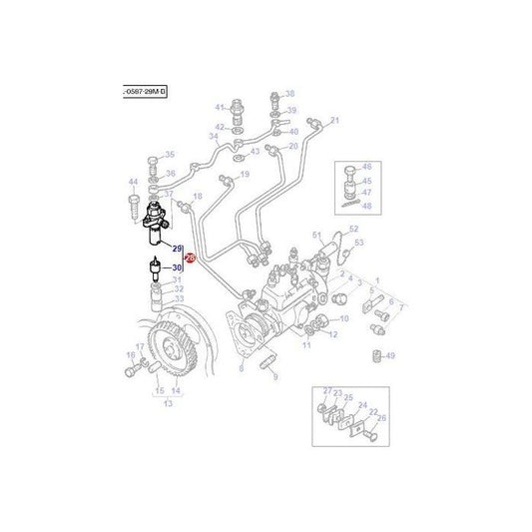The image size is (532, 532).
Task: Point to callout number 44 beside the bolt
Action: point(133,181)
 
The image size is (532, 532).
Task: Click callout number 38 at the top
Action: point(290,92)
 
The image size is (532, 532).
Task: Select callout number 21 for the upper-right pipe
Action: point(335,121)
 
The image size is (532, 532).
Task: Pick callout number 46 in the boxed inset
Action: point(366,166)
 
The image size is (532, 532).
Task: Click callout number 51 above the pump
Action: point(316,235)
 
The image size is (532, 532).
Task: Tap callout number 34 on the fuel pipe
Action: point(214,136)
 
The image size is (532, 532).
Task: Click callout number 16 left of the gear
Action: point(130,354)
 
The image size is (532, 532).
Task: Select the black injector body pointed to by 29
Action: point(158,227)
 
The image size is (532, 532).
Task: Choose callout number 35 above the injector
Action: point(170,155)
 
